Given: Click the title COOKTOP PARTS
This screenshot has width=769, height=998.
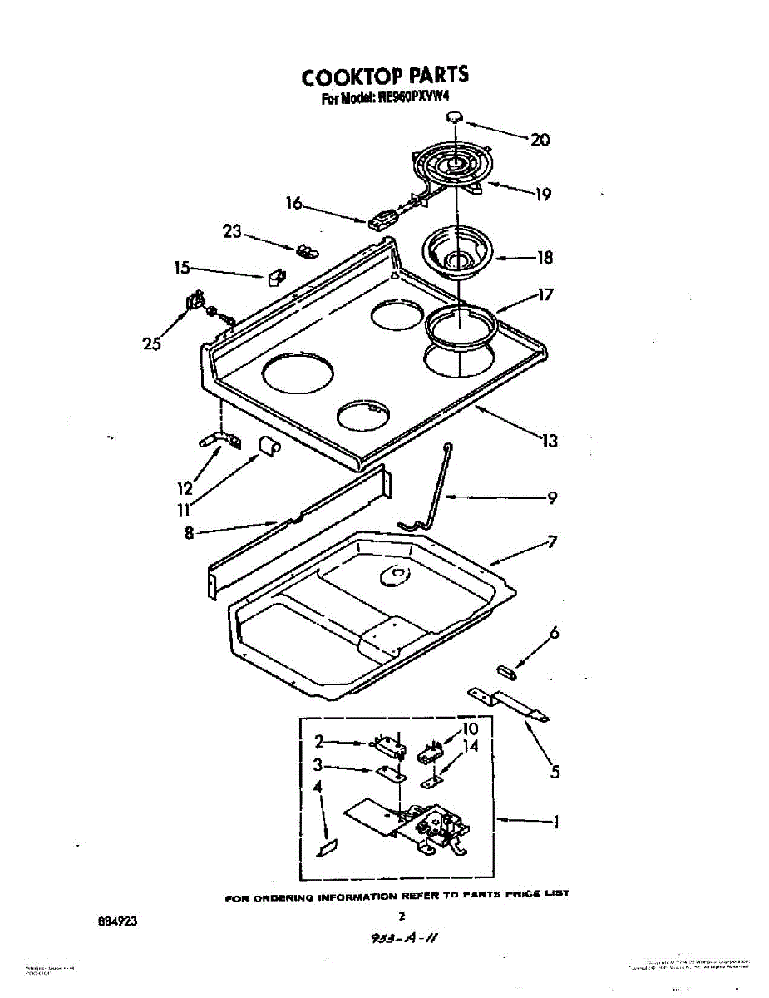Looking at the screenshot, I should tap(384, 77).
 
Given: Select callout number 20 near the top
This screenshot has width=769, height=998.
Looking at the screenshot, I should tap(540, 140).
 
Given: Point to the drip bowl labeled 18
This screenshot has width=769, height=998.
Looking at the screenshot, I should tap(457, 250).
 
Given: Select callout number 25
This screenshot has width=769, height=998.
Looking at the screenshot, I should tap(151, 343).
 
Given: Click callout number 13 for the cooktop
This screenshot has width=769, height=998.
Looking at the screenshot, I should tap(550, 441).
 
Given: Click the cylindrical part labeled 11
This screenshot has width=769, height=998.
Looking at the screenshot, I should tap(268, 447).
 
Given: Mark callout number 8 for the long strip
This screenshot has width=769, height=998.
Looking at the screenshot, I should tap(189, 533).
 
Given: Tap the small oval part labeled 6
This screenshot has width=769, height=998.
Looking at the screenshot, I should tap(505, 669).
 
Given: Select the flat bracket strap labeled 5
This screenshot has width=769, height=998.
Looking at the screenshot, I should tap(508, 703).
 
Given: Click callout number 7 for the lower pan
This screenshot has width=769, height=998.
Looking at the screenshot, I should tap(552, 541).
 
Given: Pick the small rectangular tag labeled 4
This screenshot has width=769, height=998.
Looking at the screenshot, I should tap(327, 848).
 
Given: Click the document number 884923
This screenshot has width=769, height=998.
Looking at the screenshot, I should tap(116, 921).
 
